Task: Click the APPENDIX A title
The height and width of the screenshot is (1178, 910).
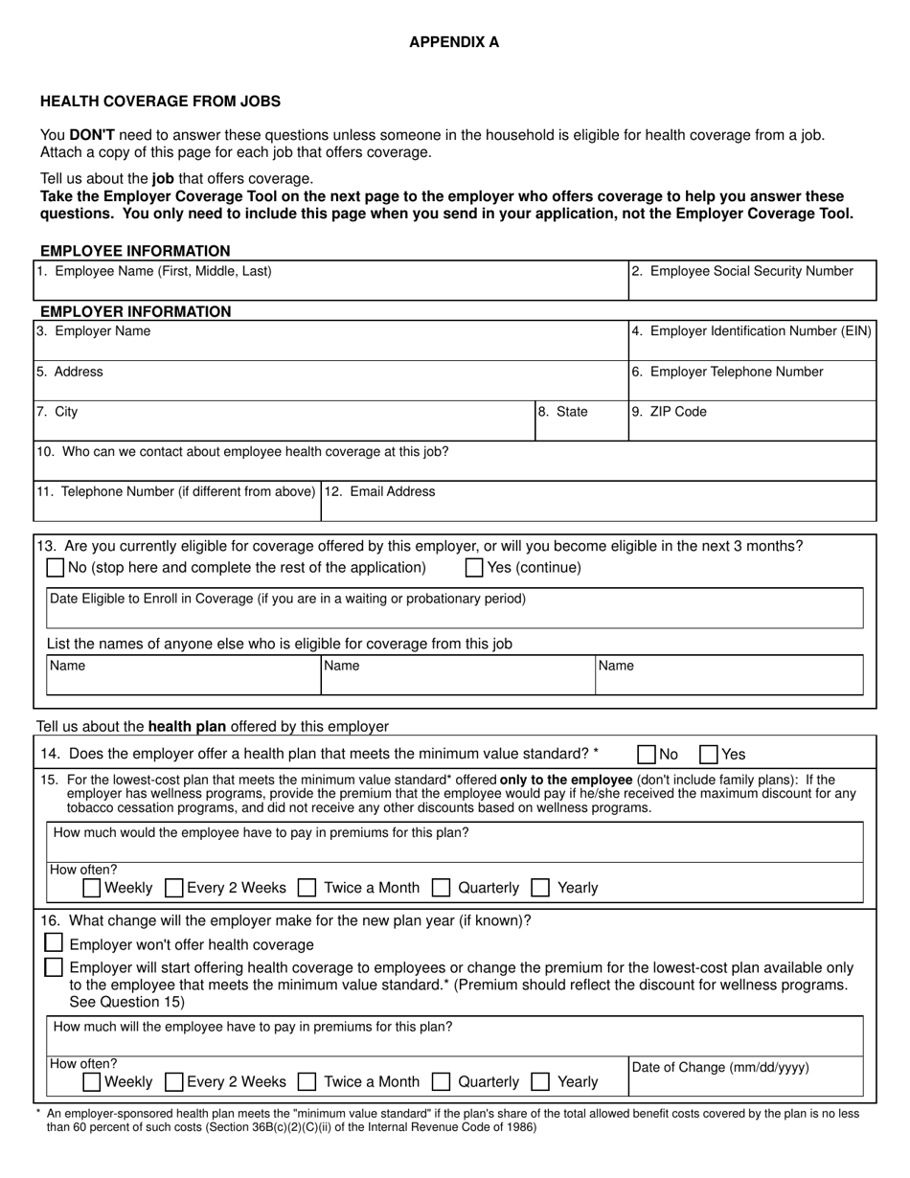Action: tap(454, 42)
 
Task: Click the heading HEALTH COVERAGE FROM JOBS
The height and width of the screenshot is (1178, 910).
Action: tap(160, 102)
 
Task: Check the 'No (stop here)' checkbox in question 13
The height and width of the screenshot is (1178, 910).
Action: tap(57, 568)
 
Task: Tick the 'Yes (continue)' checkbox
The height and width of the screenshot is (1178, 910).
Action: tap(474, 568)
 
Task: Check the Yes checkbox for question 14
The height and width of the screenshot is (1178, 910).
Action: tap(709, 755)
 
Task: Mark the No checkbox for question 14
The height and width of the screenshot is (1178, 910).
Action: tap(648, 755)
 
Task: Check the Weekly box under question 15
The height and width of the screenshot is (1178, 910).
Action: tap(92, 888)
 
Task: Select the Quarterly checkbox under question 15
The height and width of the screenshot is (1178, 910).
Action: tap(442, 888)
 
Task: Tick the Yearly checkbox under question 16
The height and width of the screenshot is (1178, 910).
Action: tap(540, 1081)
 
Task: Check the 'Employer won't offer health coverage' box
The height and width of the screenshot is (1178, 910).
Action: tap(55, 944)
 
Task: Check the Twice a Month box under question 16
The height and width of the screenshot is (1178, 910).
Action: tap(307, 1081)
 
